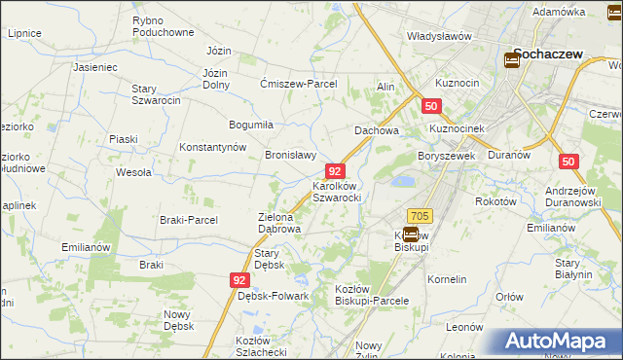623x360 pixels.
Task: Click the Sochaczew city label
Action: click(x=548, y=54)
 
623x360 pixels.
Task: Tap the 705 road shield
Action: click(x=420, y=215)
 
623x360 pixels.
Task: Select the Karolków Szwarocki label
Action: click(x=337, y=191)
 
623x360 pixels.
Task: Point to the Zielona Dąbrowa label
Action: click(x=278, y=223)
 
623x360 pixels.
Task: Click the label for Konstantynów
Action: click(x=213, y=147)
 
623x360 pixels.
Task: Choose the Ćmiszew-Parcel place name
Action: click(x=298, y=84)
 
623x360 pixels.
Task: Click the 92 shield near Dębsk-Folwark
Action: click(x=239, y=279)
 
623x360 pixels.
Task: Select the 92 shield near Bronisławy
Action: click(x=334, y=170)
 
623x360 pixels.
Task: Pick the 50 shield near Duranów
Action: click(x=569, y=162)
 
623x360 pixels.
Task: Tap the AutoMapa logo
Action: click(x=554, y=342)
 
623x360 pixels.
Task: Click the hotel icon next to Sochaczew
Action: click(x=511, y=60)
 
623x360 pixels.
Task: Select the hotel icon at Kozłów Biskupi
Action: click(x=410, y=234)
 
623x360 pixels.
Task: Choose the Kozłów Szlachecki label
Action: click(x=260, y=345)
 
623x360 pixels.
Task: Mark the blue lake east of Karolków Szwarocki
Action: click(x=399, y=181)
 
